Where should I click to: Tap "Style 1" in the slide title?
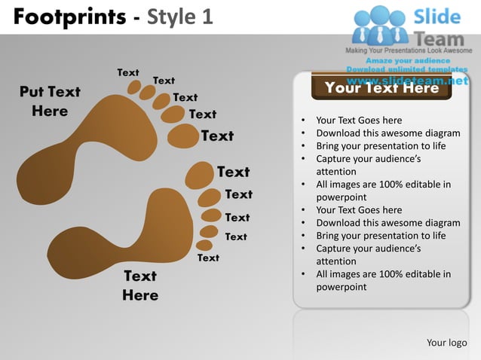(176, 16)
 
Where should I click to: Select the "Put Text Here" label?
(50, 101)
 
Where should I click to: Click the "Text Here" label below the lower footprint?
(140, 285)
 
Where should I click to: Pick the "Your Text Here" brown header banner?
(381, 88)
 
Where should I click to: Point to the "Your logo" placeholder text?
(446, 343)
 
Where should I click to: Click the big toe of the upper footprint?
(182, 136)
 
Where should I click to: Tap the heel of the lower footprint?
(72, 250)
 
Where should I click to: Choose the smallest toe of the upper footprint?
(134, 87)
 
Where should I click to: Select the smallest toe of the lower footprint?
(204, 245)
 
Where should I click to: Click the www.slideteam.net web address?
(407, 80)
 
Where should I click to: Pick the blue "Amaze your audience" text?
(408, 60)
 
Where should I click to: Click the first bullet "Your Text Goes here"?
(359, 121)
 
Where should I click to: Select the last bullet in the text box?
(383, 280)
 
